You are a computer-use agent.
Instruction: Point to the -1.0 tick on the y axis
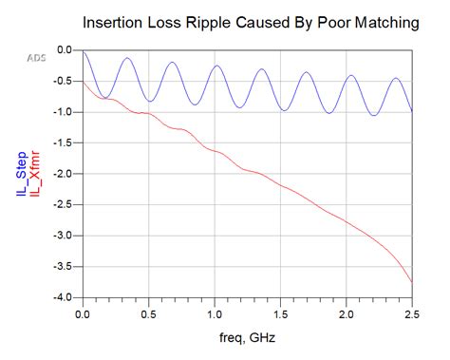tap(64, 112)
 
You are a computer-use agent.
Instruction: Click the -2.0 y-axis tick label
tap(64, 174)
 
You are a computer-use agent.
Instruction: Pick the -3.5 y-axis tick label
tap(64, 266)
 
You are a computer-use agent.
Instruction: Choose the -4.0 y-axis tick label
tap(64, 297)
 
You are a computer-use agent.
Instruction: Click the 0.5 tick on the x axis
tap(148, 313)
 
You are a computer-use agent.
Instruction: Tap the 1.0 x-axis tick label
tap(214, 313)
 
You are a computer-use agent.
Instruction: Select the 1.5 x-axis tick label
tap(280, 313)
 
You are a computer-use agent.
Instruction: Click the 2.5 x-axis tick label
tap(411, 313)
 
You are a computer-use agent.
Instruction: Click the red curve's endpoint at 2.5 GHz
tap(412, 282)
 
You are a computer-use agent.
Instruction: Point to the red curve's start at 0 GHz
tap(83, 81)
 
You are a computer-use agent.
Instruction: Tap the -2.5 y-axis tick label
tap(64, 204)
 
